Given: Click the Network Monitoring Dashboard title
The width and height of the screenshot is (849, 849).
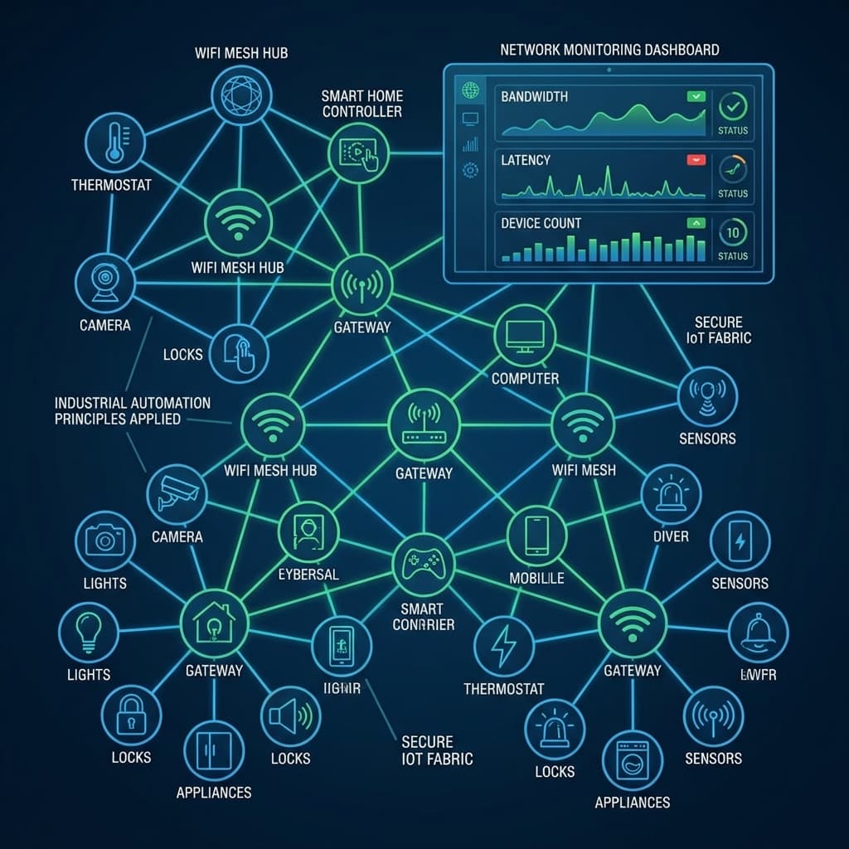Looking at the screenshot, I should pos(609,50).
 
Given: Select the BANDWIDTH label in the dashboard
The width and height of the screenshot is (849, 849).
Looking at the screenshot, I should pos(534,97).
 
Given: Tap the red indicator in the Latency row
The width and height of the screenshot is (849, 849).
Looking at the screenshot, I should pos(696,159).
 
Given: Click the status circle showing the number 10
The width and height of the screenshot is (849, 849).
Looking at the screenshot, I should pos(732,232).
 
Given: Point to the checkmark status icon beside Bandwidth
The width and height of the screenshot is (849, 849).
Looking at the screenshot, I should pos(733,105).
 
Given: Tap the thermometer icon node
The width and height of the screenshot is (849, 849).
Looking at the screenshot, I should pos(114,142).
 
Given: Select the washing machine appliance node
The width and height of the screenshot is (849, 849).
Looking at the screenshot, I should pos(633,761).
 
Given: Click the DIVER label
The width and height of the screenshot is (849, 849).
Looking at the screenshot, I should pos(671,536).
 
